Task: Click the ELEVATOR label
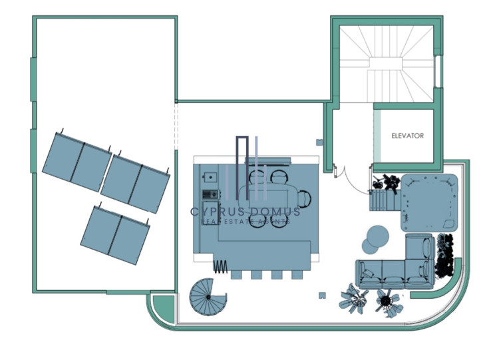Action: point(407,136)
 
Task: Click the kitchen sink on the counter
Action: point(210,178)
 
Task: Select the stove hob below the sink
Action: point(211,194)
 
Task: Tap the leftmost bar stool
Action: point(238,275)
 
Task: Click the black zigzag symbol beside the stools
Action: point(220,266)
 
